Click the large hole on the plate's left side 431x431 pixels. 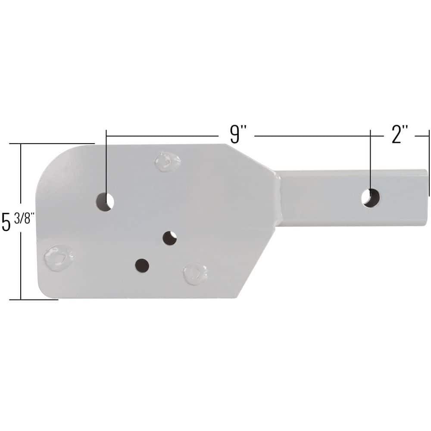105,201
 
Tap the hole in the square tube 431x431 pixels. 371,197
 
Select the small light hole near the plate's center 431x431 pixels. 170,237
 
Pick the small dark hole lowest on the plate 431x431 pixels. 142,265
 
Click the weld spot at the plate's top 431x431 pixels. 167,162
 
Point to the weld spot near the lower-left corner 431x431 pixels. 59,257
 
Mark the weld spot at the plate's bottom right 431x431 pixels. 195,274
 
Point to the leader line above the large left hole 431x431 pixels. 106,164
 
